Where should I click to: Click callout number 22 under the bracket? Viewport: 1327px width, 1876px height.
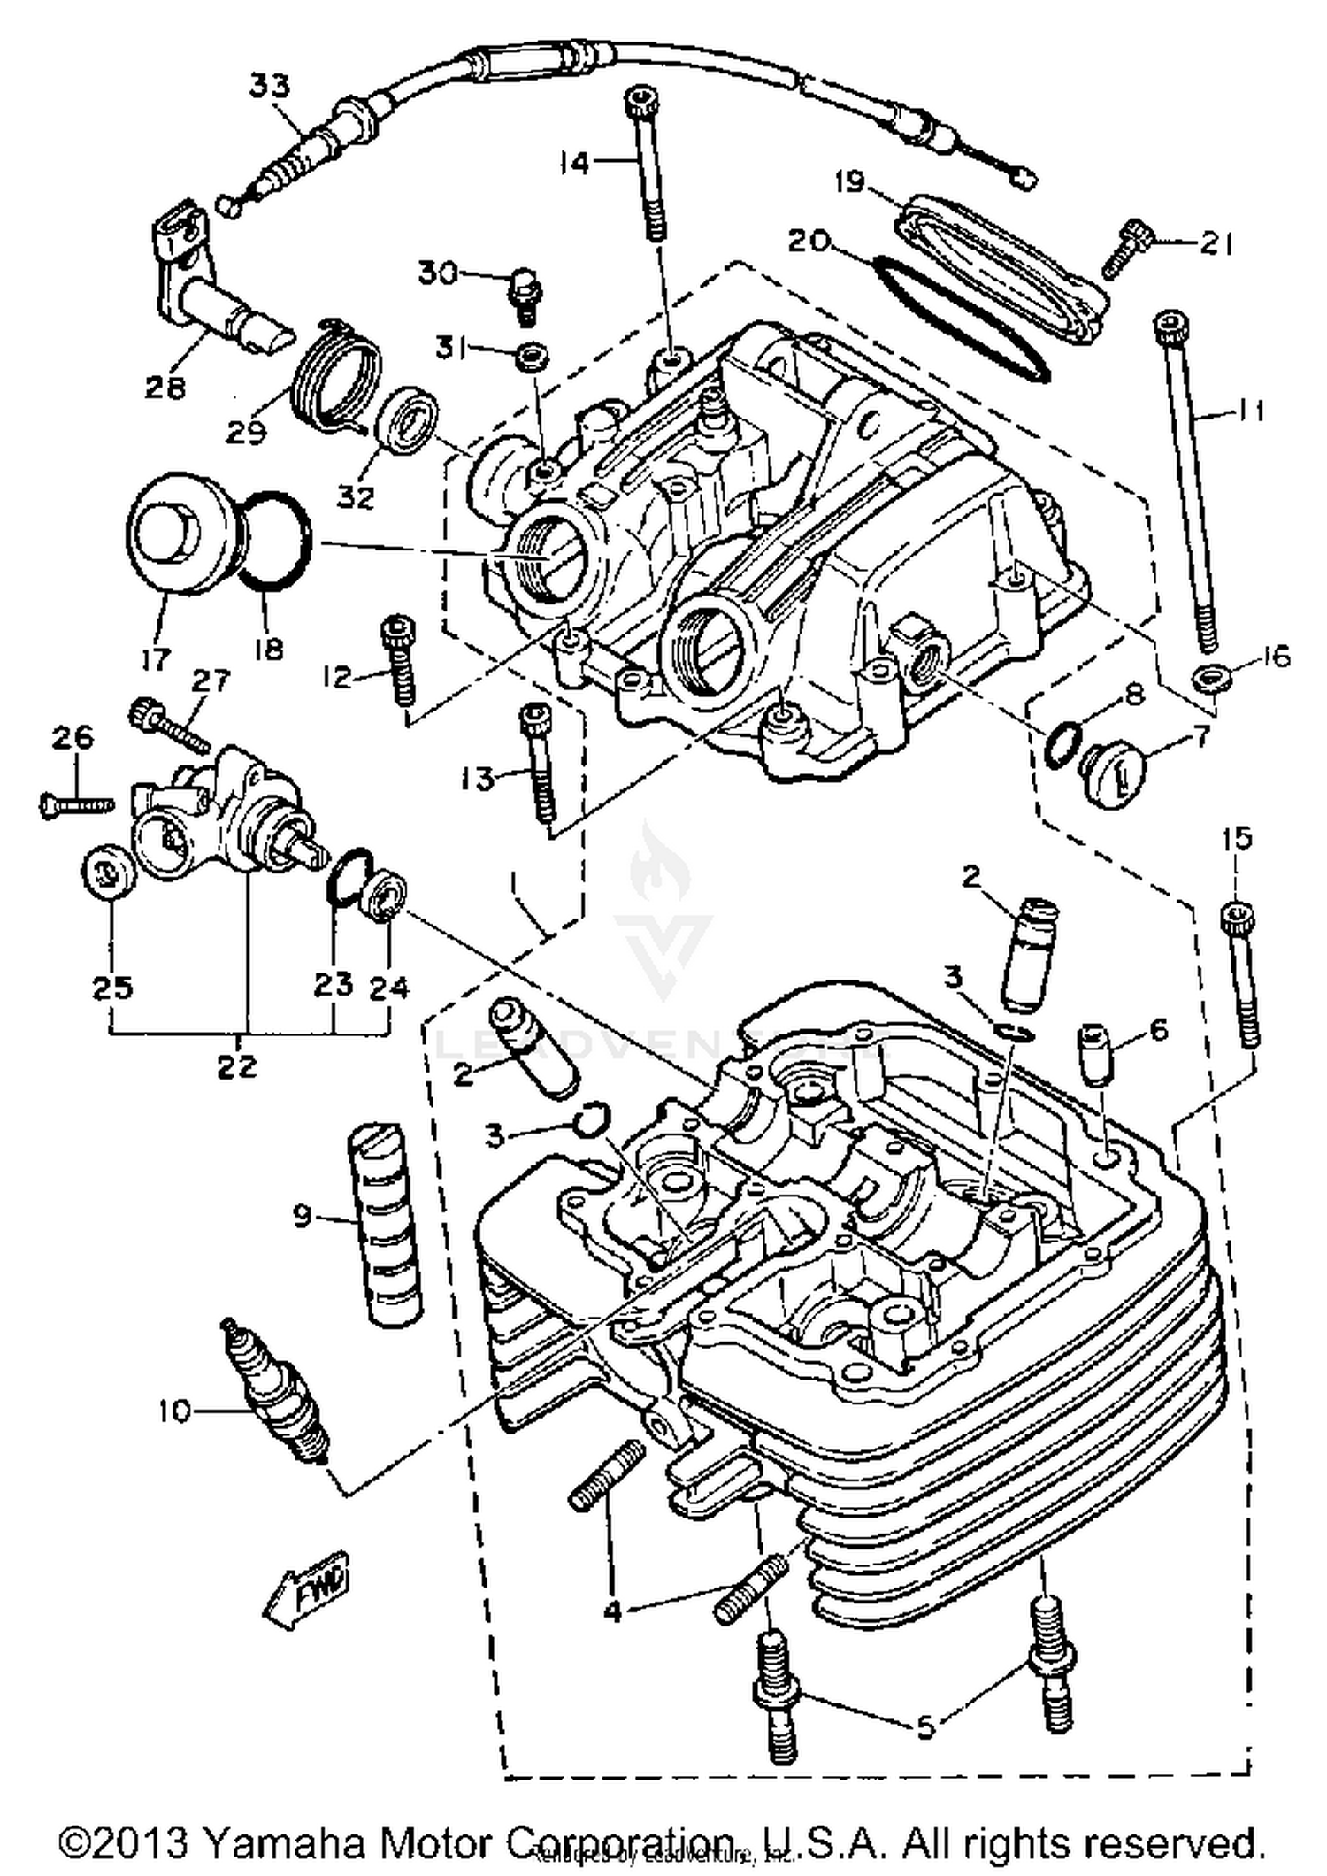236,1065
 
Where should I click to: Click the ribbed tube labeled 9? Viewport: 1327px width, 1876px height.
382,1222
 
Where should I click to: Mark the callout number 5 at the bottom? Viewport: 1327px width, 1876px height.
924,1726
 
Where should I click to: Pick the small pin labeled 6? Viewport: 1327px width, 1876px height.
1093,1053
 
